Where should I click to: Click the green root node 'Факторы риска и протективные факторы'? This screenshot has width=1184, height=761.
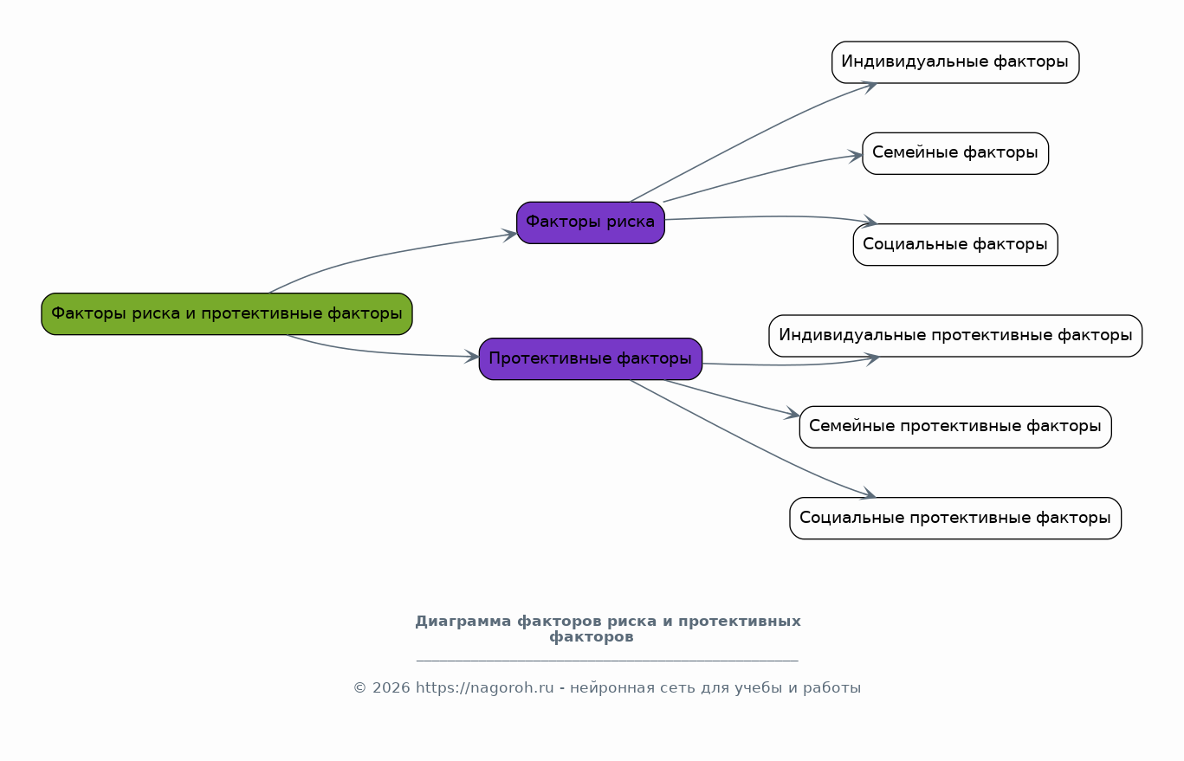227,314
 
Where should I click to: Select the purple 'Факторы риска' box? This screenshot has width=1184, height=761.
591,222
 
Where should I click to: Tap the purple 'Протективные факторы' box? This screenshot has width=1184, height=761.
591,358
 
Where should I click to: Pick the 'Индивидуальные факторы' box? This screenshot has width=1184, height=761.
955,62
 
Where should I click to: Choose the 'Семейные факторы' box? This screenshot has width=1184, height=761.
955,153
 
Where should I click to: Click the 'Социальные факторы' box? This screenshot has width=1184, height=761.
955,245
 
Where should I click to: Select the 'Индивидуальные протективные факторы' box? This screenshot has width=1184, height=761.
955,336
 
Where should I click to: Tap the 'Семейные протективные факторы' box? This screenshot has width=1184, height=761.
955,427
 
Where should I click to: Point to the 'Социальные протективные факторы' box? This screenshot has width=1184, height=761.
955,519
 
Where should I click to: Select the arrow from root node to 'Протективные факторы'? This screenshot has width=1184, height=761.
380,352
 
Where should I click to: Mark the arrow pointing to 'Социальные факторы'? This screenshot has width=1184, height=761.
772,216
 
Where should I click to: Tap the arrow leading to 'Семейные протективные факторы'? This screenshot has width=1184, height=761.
732,398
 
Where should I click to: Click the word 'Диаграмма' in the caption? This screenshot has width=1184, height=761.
463,622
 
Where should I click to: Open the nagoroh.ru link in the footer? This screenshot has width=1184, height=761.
485,688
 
